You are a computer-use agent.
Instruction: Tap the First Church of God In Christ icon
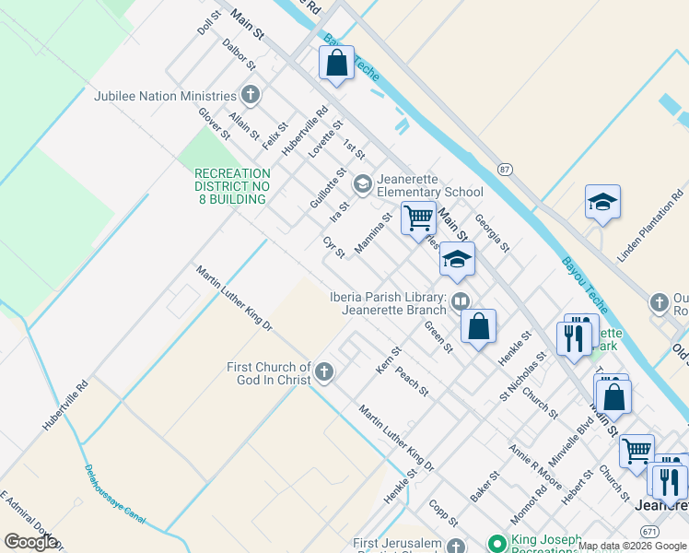pos(323,371)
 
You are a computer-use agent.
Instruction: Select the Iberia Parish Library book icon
pos(461,301)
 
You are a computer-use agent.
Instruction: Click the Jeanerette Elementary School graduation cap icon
pos(363,183)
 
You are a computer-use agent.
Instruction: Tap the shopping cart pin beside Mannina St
pos(418,218)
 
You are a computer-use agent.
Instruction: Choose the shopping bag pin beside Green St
pos(479,326)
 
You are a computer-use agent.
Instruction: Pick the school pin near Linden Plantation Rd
pos(602,203)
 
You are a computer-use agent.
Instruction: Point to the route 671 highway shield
pos(650,533)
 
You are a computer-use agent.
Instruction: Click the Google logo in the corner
pos(30,541)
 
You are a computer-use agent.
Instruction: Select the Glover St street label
pos(215,124)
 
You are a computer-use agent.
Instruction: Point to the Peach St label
pos(413,382)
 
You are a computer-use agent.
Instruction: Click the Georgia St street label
pos(492,233)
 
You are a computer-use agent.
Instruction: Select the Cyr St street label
pos(333,247)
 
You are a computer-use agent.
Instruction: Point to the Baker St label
pos(485,486)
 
